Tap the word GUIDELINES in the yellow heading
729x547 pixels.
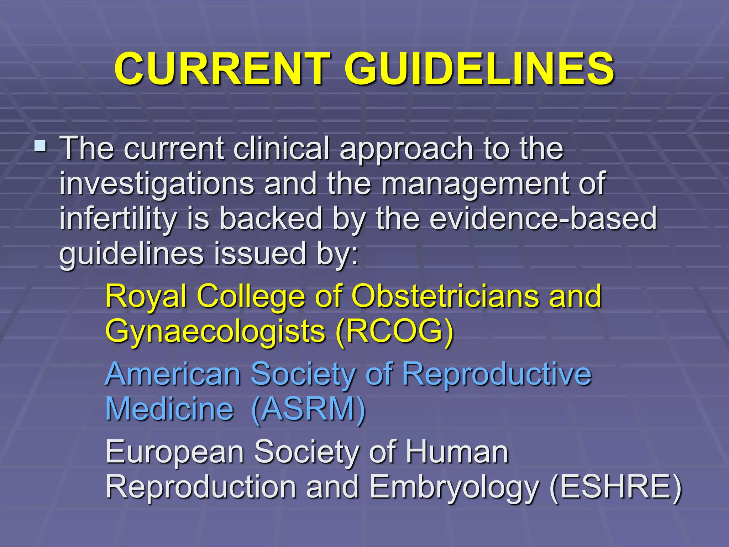pyautogui.click(x=479, y=68)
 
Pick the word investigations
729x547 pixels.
pyautogui.click(x=157, y=184)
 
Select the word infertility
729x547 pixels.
pyautogui.click(x=117, y=219)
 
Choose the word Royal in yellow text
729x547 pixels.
pyautogui.click(x=146, y=296)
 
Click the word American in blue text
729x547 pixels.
pyautogui.click(x=173, y=374)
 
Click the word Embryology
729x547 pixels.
pyautogui.click(x=453, y=487)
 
